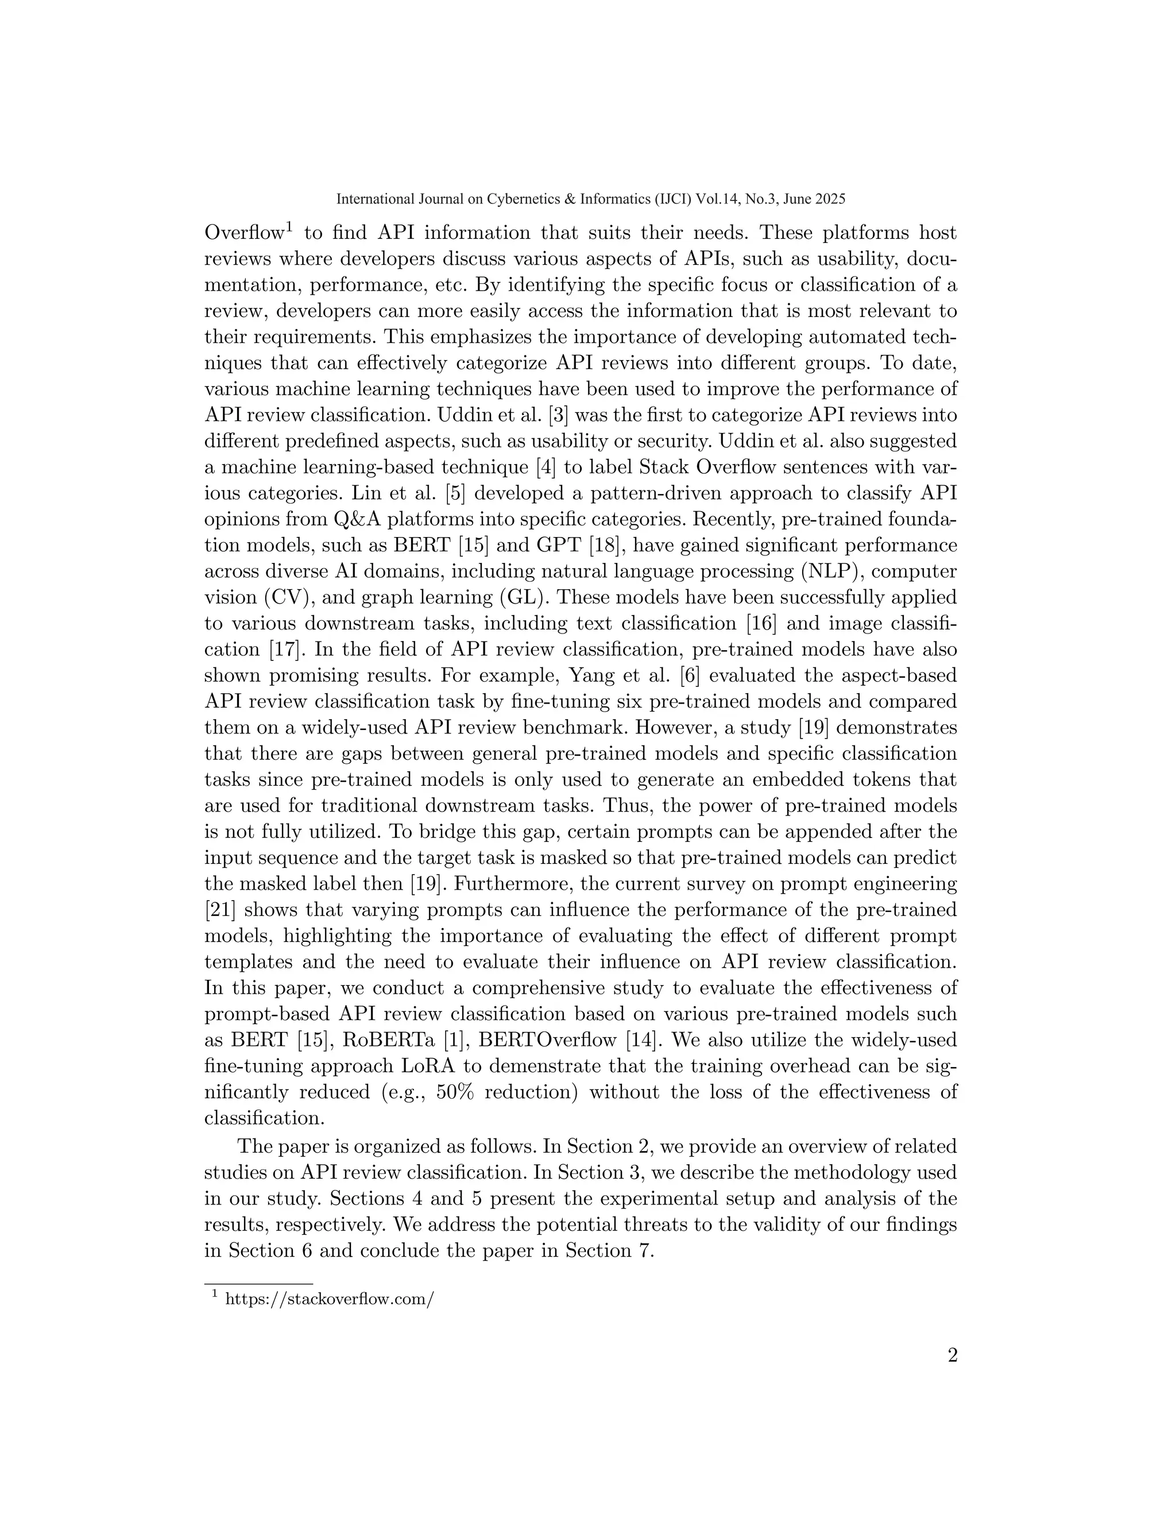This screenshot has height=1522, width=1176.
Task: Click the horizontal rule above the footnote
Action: coord(258,1283)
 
